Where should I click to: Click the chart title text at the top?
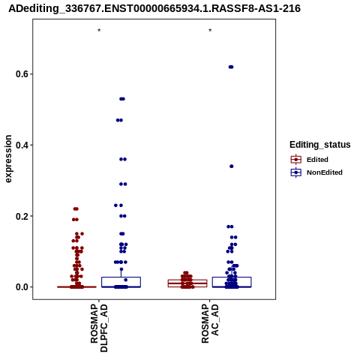coord(154,8)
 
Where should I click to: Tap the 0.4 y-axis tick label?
coord(22,145)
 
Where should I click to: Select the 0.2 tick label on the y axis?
coord(22,216)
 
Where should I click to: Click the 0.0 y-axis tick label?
coord(22,287)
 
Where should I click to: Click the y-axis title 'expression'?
coord(8,159)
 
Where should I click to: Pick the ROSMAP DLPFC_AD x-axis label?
coord(99,328)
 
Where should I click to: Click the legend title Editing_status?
coord(320,145)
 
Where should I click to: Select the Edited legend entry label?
coord(317,160)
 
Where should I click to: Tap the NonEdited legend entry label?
coord(325,172)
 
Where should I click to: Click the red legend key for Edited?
coord(296,160)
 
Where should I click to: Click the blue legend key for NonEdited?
coord(296,172)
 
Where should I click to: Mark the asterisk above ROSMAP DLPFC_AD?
coord(99,30)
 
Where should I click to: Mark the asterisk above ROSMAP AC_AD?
coord(210,30)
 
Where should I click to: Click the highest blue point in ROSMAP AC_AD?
coord(231,67)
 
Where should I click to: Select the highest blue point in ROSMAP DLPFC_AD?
coord(122,99)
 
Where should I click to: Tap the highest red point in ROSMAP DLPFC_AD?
coord(76,208)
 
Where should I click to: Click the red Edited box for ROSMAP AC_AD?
coord(187,283)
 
